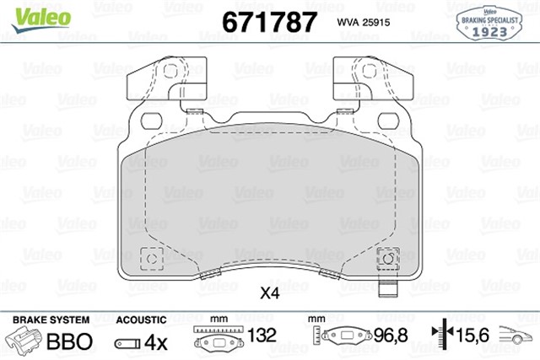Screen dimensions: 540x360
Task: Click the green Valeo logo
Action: [41, 19]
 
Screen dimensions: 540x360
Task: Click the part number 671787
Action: [269, 22]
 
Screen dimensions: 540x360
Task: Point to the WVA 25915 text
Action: [364, 23]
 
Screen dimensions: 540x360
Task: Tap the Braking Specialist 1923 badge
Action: [489, 24]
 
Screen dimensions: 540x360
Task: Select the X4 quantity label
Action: [270, 293]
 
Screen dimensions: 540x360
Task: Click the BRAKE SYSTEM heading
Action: [51, 320]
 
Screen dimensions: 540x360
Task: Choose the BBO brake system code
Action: [69, 341]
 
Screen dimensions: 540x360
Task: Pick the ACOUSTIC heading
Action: [141, 320]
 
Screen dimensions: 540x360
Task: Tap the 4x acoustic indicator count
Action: [155, 342]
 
